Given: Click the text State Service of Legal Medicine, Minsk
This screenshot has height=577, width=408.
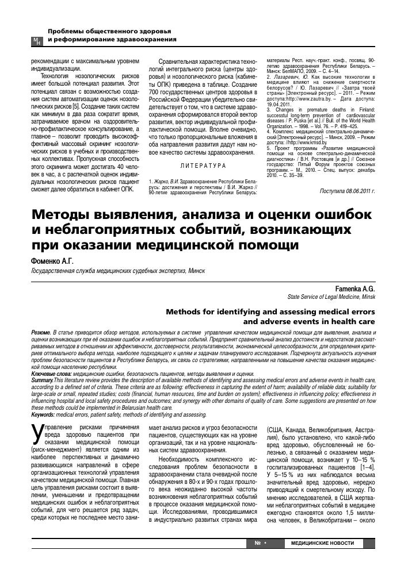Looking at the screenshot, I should coord(332,298).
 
